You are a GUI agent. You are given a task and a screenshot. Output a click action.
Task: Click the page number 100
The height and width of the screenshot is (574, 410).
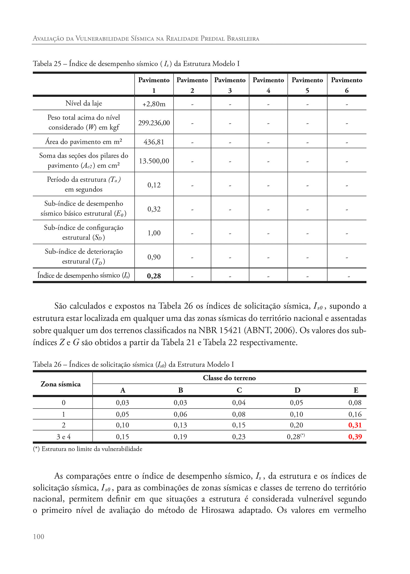39,537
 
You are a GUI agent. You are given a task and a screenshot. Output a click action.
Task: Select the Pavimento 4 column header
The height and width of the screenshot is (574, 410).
268,85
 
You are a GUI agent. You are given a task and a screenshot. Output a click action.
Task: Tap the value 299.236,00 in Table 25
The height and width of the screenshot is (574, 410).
154,123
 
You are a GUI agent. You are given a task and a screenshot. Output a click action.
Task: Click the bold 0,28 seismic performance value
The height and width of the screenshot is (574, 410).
154,276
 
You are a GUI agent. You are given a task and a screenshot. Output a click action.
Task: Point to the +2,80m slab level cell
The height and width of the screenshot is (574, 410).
154,104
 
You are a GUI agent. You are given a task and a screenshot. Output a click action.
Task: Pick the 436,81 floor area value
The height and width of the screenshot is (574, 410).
154,142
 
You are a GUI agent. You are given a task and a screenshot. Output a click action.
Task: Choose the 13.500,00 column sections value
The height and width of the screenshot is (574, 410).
154,161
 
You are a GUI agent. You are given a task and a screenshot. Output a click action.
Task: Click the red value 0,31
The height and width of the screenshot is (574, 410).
355,425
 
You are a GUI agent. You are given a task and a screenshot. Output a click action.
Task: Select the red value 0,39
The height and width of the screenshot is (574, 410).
355,437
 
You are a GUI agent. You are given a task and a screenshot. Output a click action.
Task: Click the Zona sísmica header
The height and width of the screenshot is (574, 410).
61,384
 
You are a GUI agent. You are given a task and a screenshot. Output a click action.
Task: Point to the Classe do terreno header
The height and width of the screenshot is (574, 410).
229,378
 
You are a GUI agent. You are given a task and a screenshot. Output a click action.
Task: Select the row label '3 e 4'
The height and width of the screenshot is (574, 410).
63,437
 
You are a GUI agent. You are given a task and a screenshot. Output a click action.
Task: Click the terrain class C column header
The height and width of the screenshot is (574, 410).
239,390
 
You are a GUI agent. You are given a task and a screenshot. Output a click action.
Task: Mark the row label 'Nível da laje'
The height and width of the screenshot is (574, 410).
84,103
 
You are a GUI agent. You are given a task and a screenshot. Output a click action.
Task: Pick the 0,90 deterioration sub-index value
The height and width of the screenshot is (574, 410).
154,257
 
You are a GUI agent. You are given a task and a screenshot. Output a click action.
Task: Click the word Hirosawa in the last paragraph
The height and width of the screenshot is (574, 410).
218,510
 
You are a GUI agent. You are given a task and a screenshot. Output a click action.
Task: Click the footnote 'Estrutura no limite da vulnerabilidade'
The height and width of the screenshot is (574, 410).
92,449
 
